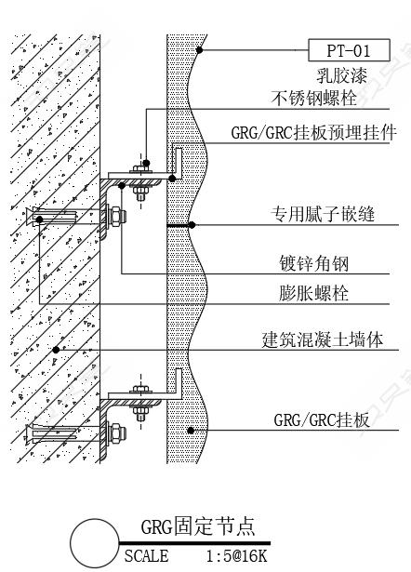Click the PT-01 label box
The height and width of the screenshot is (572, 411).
pos(349,50)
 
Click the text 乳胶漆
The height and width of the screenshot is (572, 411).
pos(341,76)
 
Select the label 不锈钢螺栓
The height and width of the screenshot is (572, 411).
pos(314,99)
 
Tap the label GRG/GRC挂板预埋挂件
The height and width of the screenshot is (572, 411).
pos(314,132)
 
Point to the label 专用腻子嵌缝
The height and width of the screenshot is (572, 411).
pos(323,214)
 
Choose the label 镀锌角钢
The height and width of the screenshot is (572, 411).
pos(314,263)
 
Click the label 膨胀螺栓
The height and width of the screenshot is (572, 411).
pos(314,293)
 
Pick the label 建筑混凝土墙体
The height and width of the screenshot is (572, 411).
pos(323,339)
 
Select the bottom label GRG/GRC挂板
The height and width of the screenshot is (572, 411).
pos(322,420)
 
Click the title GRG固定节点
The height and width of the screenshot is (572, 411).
pos(198,526)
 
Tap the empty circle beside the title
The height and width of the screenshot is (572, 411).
pos(95,542)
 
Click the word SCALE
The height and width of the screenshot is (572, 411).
pos(147,556)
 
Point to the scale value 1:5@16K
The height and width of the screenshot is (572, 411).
pos(237,556)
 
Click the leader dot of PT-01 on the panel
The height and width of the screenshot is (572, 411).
pos(199,50)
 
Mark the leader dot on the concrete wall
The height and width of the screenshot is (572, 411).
pos(56,350)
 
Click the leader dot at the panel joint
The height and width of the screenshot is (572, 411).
pos(192,225)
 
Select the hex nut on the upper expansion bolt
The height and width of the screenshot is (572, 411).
pos(117,216)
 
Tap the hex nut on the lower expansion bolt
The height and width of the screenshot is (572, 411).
pos(117,432)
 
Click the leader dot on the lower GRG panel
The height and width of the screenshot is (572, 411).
pos(191,431)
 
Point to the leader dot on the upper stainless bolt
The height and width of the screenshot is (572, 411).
pos(146,163)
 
